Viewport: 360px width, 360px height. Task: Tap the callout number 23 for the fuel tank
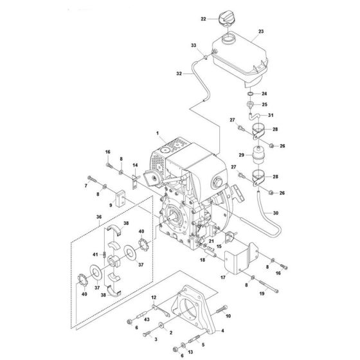[x=261, y=32]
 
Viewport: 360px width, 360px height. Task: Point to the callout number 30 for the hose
[x=276, y=213]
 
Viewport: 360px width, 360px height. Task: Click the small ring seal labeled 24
[x=251, y=94]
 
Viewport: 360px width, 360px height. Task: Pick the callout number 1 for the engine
[x=157, y=133]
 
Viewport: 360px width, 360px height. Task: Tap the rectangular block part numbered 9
[x=120, y=199]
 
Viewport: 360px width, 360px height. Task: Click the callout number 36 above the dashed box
[x=99, y=217]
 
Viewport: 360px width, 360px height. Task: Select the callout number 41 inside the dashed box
[x=95, y=255]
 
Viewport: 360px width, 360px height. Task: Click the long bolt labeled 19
[x=269, y=286]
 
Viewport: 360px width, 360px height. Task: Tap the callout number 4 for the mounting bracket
[x=222, y=331]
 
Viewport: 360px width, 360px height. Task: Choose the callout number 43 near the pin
[x=147, y=319]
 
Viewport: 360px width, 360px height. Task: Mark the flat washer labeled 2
[x=161, y=325]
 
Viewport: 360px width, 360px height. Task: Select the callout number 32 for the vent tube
[x=179, y=73]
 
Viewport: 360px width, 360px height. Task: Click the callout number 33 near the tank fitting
[x=194, y=45]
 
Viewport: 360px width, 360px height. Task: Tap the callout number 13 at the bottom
[x=190, y=352]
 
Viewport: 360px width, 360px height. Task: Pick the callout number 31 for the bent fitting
[x=271, y=115]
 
